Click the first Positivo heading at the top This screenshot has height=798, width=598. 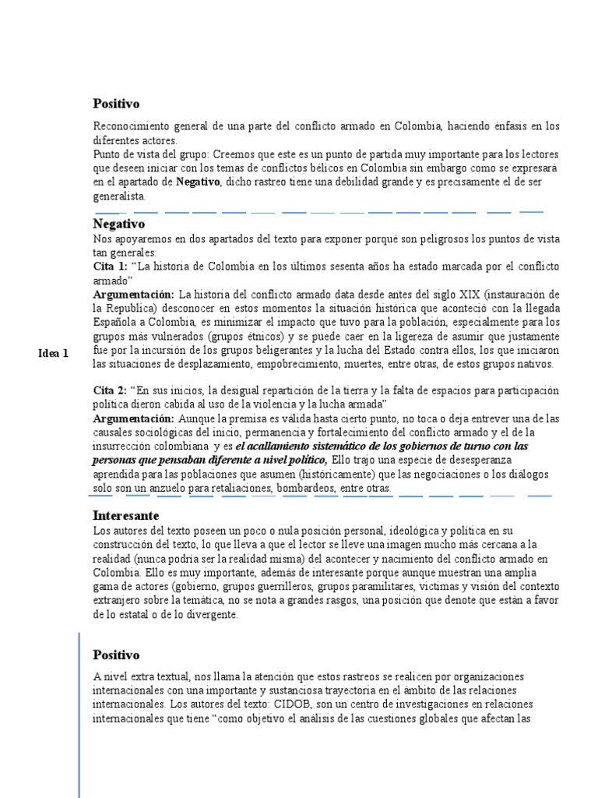point(116,104)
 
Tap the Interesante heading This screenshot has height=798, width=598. point(125,516)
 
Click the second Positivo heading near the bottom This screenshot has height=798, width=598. point(116,655)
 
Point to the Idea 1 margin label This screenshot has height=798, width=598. point(54,353)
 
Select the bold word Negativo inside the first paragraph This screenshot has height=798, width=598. point(198,182)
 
